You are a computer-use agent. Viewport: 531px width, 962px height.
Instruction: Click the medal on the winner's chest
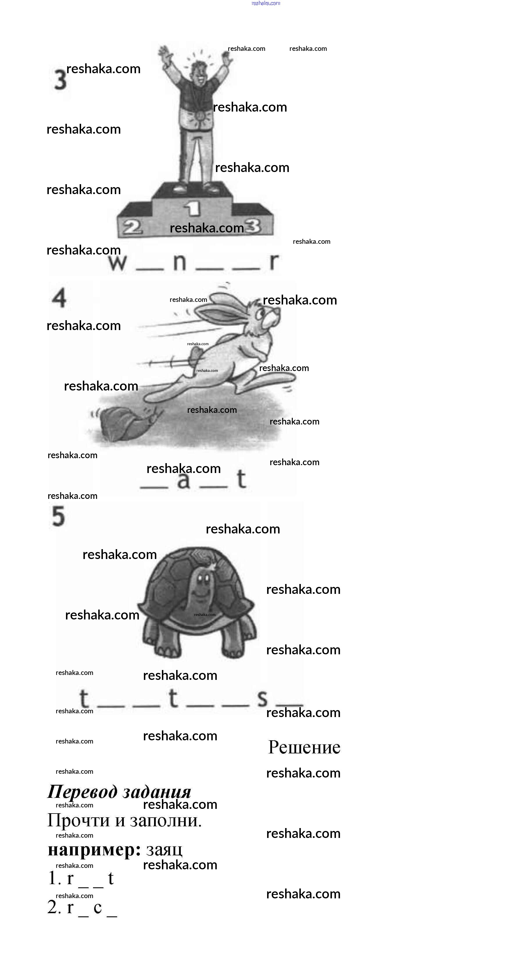tap(200, 115)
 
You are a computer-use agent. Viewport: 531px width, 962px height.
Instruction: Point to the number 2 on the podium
tap(132, 227)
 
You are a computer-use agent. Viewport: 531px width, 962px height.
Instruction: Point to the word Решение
tap(304, 747)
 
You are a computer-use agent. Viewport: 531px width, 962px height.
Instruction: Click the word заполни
tap(166, 821)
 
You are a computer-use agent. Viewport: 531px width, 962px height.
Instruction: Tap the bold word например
tap(94, 850)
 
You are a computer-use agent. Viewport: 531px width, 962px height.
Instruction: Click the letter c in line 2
tap(98, 907)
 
